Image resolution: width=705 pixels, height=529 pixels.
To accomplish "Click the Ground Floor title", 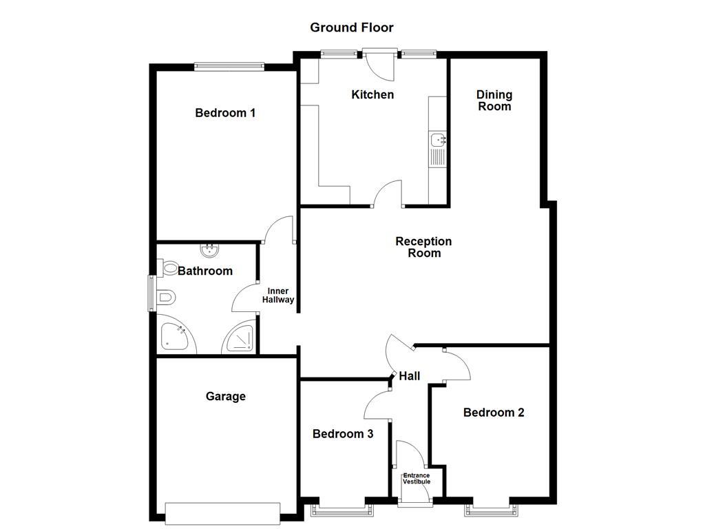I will [351, 28].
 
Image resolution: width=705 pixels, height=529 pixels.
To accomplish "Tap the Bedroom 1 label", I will [225, 113].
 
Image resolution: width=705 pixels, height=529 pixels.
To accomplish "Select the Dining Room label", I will [494, 101].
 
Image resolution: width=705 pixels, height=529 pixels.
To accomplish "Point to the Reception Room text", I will [423, 247].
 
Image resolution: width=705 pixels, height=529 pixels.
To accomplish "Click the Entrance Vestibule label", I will [417, 478].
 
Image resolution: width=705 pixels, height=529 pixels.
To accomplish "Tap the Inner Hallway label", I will [278, 295].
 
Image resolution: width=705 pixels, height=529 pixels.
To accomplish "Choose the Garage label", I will [225, 397].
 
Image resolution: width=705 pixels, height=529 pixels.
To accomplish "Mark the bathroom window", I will [151, 293].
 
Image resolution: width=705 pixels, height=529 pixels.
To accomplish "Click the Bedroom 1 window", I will [229, 67].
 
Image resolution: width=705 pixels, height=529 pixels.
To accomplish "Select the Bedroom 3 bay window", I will [342, 510].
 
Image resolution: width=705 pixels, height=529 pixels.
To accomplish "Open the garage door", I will [222, 512].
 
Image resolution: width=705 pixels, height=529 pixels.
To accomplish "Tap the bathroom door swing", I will [244, 301].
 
